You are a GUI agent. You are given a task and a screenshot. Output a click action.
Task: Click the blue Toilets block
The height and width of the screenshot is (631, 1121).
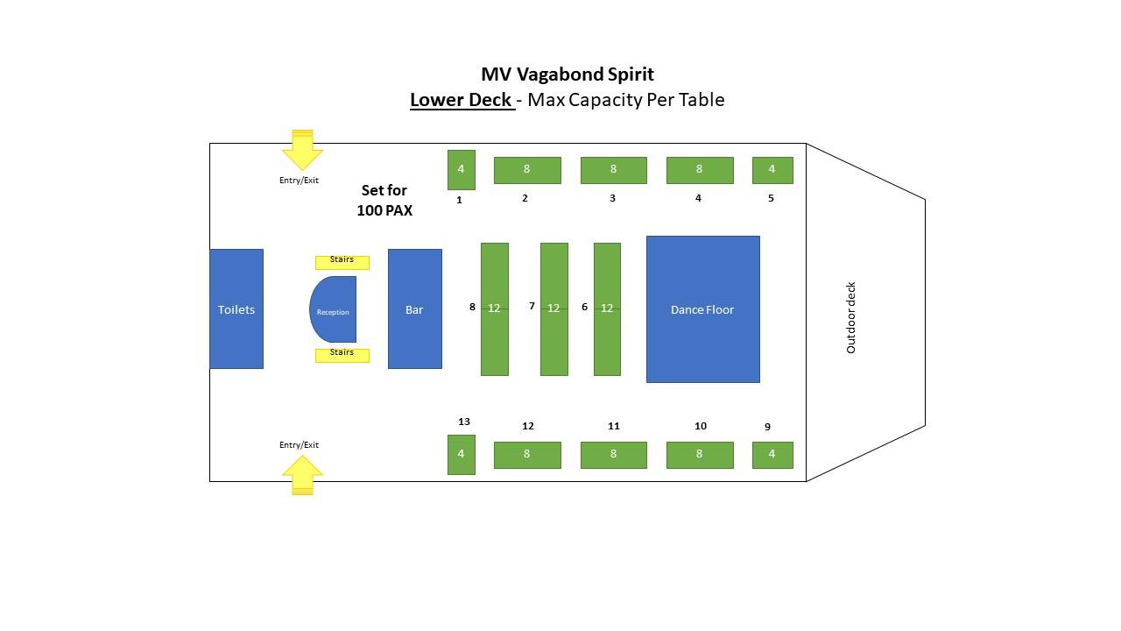236,309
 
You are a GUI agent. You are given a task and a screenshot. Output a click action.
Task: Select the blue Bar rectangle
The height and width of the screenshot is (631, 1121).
415,309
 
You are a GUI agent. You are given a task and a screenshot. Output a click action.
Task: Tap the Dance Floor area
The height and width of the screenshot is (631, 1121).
703,309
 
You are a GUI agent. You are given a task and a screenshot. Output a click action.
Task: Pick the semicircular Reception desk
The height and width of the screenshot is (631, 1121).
333,309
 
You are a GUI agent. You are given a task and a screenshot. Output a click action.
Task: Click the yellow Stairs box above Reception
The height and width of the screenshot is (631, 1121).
342,262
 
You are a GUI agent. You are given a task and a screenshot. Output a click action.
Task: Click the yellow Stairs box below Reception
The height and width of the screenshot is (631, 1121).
342,356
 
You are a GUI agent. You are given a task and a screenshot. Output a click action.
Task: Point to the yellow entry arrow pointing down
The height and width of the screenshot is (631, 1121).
302,150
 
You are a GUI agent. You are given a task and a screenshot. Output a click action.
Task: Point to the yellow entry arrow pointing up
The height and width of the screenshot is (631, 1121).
302,475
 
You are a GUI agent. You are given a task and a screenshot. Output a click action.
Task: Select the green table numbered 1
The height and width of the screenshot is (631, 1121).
462,170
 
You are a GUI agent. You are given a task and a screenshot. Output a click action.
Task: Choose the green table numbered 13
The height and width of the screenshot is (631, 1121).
462,455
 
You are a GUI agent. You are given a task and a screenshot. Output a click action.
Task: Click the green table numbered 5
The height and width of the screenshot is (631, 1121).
772,170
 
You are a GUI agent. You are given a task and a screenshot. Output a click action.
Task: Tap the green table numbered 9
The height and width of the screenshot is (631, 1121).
772,455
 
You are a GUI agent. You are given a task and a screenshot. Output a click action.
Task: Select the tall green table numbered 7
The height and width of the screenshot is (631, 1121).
554,309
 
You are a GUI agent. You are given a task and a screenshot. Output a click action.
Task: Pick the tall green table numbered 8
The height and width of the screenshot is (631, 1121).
495,309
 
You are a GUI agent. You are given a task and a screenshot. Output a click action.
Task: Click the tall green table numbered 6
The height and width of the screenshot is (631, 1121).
607,309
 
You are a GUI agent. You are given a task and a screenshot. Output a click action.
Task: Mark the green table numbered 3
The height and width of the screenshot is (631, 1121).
614,170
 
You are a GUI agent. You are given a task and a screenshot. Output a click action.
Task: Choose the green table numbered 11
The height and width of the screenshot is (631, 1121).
614,455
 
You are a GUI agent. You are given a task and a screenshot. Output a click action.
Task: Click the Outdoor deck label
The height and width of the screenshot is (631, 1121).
850,317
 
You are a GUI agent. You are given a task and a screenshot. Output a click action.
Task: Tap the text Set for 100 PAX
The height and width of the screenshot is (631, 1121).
384,201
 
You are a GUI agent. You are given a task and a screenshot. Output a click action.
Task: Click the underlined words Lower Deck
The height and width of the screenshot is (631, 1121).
461,100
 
